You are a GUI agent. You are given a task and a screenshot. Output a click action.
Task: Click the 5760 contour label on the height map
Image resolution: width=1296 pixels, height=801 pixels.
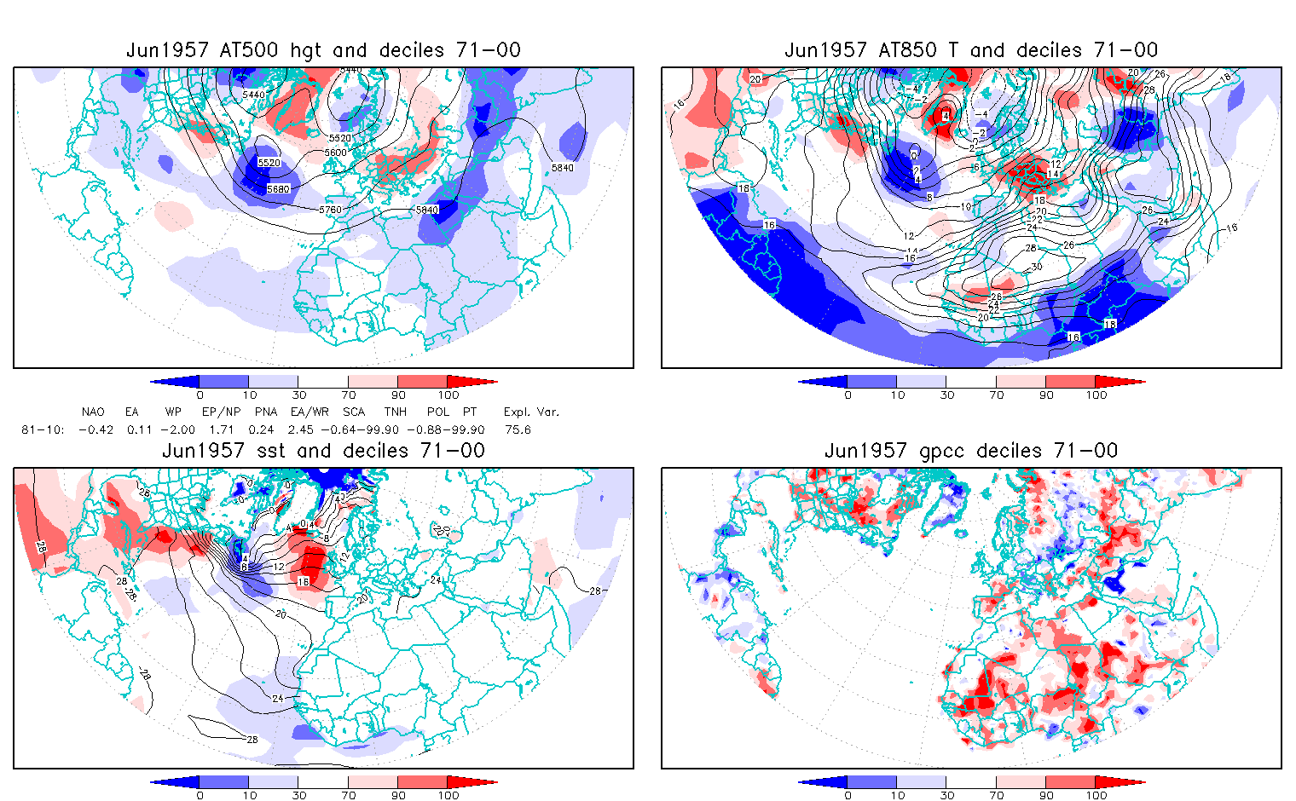tap(330, 210)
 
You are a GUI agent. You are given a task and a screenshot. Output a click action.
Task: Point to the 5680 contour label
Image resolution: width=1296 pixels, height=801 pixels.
tap(278, 189)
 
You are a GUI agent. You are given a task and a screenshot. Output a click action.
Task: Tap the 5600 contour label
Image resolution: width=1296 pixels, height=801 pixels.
tap(336, 153)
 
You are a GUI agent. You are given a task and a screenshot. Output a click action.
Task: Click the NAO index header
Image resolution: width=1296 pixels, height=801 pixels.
tap(93, 412)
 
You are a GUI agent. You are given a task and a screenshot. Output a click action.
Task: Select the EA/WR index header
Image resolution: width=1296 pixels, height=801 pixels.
tap(304, 412)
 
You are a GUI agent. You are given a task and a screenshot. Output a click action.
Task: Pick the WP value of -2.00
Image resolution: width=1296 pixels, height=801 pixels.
tap(178, 429)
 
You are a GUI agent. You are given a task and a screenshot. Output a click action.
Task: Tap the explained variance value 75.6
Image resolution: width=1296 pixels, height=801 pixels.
tap(518, 429)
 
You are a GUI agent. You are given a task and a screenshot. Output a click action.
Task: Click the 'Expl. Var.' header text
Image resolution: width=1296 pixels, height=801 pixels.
tap(531, 412)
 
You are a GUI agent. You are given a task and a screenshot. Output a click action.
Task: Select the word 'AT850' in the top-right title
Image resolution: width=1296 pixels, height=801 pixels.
tap(907, 50)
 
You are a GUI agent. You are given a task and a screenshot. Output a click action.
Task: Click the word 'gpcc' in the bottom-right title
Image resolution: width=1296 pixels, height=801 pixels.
tap(935, 451)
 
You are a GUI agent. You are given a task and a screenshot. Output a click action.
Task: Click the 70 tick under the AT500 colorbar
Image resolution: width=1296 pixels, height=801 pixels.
tap(348, 395)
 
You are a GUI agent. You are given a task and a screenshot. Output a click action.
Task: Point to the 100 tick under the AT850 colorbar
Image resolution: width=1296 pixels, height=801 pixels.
tap(1096, 395)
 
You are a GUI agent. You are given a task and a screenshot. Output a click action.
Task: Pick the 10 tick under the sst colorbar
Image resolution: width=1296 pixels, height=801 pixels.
tap(249, 795)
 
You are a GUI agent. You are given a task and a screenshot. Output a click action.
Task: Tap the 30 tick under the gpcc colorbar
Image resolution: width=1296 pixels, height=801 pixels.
tap(946, 795)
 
